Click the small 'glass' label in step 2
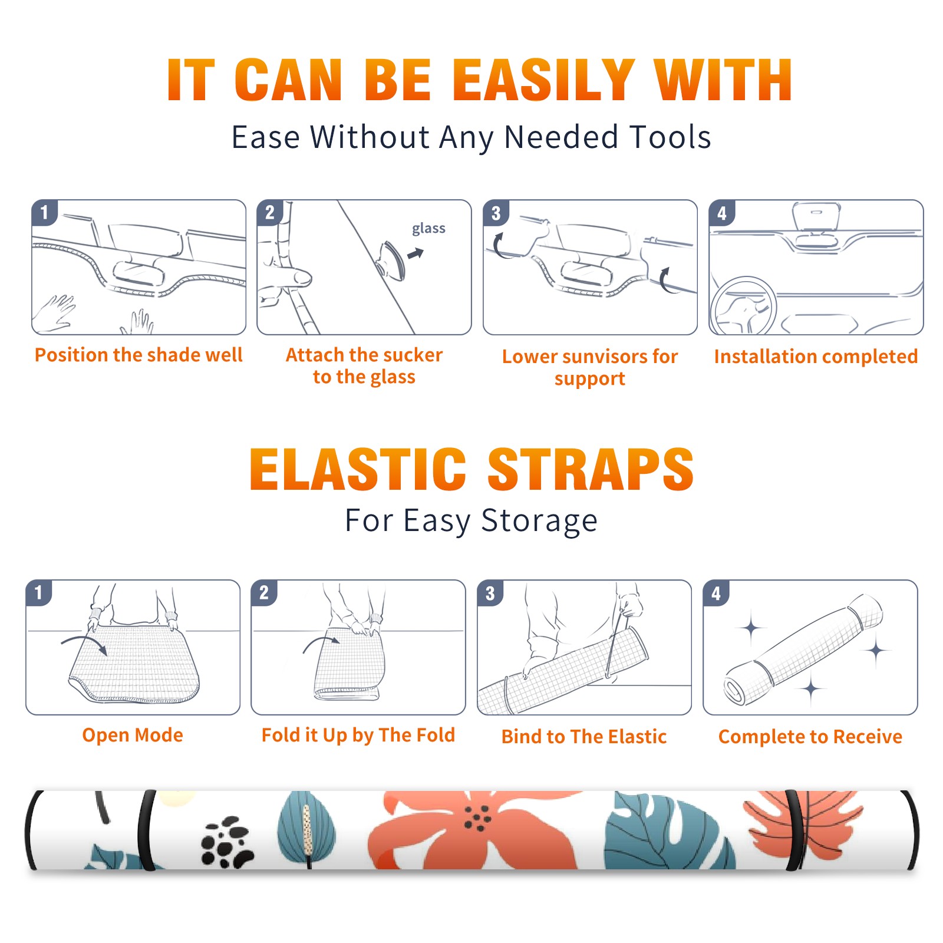428,229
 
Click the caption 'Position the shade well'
139,355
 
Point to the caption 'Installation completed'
816,356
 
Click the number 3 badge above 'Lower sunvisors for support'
496,213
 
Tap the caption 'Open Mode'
133,735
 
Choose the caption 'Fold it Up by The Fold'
358,736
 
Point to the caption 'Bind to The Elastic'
584,737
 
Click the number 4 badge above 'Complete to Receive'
716,592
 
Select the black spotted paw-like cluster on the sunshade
227,841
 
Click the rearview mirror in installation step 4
816,219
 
